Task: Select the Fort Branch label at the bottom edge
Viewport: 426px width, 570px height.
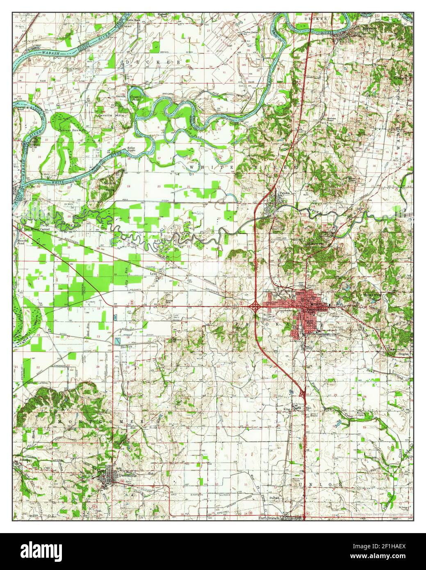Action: (268, 518)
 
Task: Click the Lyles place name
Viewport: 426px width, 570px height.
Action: (154, 273)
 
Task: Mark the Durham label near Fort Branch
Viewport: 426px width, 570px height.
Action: (274, 497)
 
